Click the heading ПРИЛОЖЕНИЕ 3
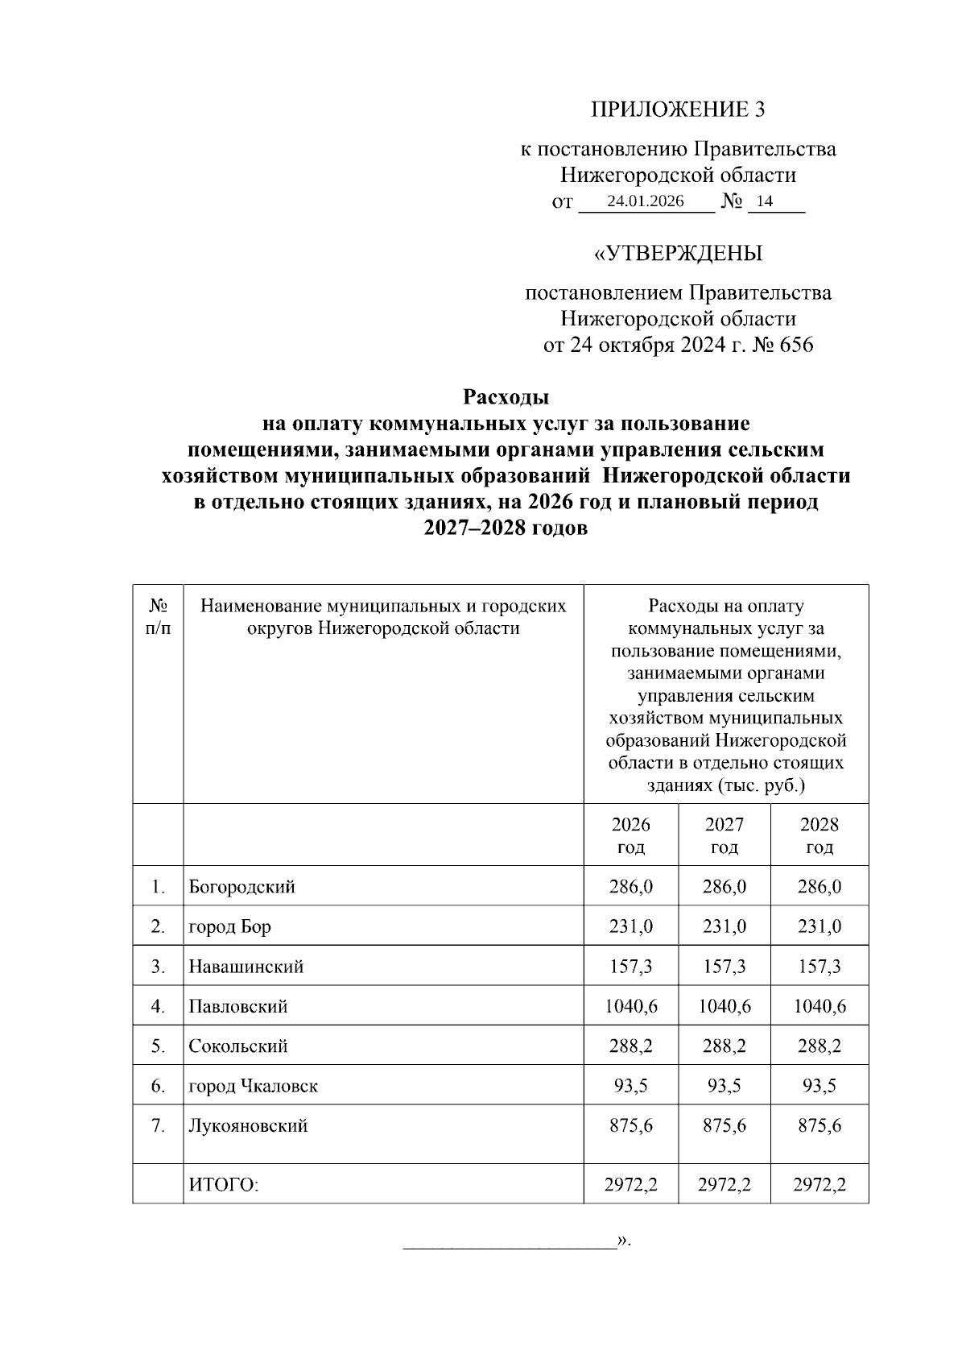[678, 110]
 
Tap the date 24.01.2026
[646, 201]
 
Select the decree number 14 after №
[764, 201]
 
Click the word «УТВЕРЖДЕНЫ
[678, 254]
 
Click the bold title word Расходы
[506, 397]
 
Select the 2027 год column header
[724, 835]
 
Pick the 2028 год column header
[819, 835]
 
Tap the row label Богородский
[242, 887]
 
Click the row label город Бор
[229, 926]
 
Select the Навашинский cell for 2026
[630, 967]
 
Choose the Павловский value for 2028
[819, 1006]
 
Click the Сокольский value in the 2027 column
[724, 1046]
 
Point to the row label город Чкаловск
[253, 1086]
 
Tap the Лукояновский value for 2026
[630, 1125]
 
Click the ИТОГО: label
[223, 1184]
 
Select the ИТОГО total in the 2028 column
[819, 1184]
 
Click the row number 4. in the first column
[158, 1006]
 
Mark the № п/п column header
[158, 617]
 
